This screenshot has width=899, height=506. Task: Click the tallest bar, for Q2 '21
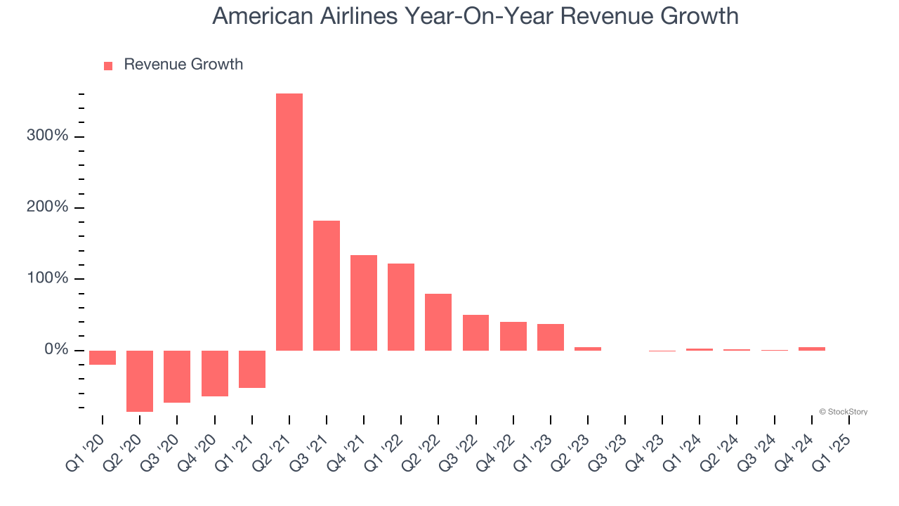[289, 221]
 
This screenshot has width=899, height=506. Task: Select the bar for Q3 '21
[327, 285]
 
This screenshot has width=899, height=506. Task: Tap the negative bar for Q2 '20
[140, 380]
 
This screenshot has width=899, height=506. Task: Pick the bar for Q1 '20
[103, 358]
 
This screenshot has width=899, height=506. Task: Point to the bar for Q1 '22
[401, 306]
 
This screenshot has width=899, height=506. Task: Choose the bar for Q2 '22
[438, 322]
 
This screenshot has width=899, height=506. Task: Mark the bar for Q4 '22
[513, 336]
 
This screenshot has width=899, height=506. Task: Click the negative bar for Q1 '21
[252, 369]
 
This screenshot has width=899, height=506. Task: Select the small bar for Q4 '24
[812, 349]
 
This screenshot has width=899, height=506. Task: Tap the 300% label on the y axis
[48, 136]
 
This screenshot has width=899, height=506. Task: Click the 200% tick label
[48, 207]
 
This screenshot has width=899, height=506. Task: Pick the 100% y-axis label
[48, 278]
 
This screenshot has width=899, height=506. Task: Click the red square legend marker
[108, 66]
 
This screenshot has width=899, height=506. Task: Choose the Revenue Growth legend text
[183, 65]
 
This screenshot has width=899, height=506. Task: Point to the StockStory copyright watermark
[843, 412]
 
